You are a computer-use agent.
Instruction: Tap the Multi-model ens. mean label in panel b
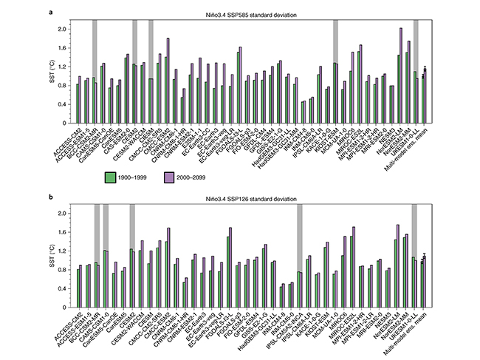coord(411,329)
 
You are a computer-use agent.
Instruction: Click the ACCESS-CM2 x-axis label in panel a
coord(66,139)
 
